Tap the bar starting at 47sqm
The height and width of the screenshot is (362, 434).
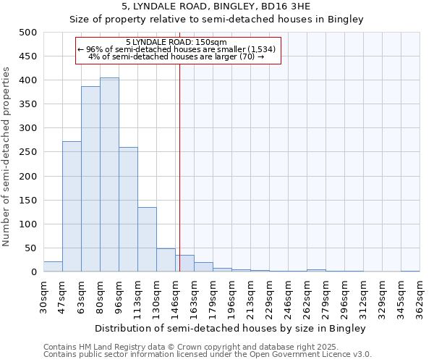click(72, 206)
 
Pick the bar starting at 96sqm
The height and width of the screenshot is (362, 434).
click(128, 209)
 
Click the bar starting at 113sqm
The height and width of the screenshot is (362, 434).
click(147, 240)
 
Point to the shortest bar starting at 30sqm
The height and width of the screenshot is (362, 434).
click(53, 266)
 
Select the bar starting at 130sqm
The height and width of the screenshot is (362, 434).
click(166, 260)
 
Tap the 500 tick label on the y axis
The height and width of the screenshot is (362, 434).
click(28, 33)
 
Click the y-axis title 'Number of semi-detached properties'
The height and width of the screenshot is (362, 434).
click(7, 156)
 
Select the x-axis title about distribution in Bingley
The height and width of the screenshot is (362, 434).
click(230, 328)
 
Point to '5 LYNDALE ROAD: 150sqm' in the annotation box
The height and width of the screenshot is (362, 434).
click(176, 42)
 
